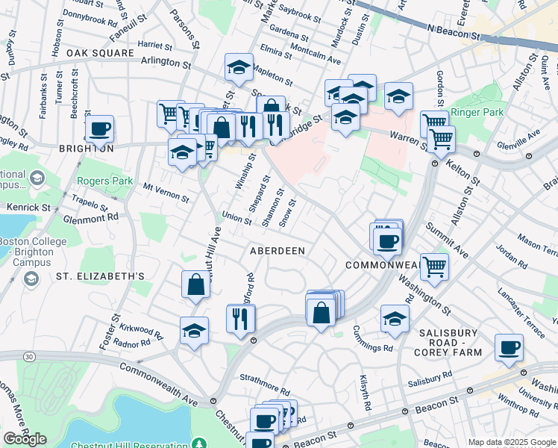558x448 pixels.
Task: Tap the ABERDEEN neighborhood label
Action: (x=277, y=251)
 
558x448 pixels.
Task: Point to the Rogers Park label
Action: (x=104, y=181)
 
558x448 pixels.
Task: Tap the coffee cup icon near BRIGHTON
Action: (x=99, y=130)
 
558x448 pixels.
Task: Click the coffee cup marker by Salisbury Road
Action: (x=509, y=347)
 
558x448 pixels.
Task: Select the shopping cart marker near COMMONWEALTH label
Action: (x=434, y=265)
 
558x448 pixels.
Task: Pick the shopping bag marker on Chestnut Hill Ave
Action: (x=195, y=284)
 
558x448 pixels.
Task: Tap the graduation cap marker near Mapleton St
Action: (x=239, y=67)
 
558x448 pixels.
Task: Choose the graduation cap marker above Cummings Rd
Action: (x=395, y=319)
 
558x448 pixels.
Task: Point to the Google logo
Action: (x=25, y=439)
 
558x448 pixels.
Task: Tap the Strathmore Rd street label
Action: (x=265, y=390)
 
